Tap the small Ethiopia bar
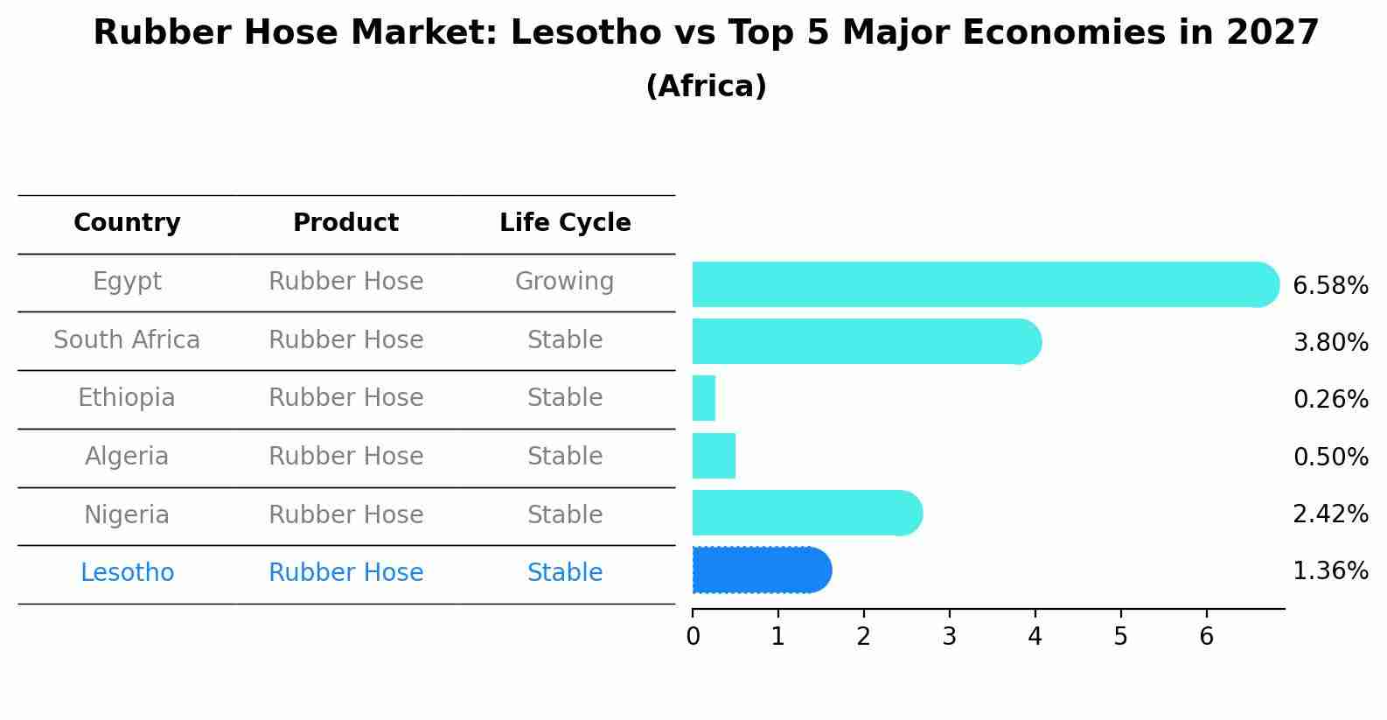point(704,398)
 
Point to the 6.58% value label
point(1330,286)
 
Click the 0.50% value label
point(1330,457)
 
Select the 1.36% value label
point(1330,571)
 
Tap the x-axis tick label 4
point(1035,637)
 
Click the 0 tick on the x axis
point(693,637)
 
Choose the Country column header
point(127,223)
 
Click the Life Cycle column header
point(565,223)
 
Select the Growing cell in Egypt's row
point(564,282)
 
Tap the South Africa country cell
point(127,339)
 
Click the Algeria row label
point(127,457)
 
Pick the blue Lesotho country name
point(127,573)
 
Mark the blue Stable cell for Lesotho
point(564,573)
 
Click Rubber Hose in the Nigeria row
point(345,514)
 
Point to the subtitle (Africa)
point(706,87)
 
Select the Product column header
point(345,223)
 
